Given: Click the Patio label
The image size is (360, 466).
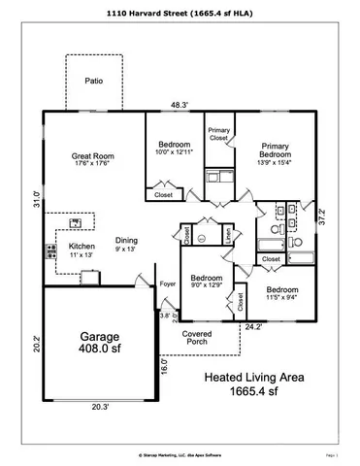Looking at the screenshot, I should tap(93, 82).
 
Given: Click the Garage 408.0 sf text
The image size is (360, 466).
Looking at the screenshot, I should tap(93, 349).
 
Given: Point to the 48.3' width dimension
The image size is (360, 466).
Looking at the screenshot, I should tap(180, 104).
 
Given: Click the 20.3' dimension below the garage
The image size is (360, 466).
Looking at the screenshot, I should tap(93, 409).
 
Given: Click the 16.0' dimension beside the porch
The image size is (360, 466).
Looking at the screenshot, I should tap(164, 368).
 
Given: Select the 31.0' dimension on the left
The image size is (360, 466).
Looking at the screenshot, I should tap(36, 200).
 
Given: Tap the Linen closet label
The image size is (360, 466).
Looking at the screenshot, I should tap(228, 236).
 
